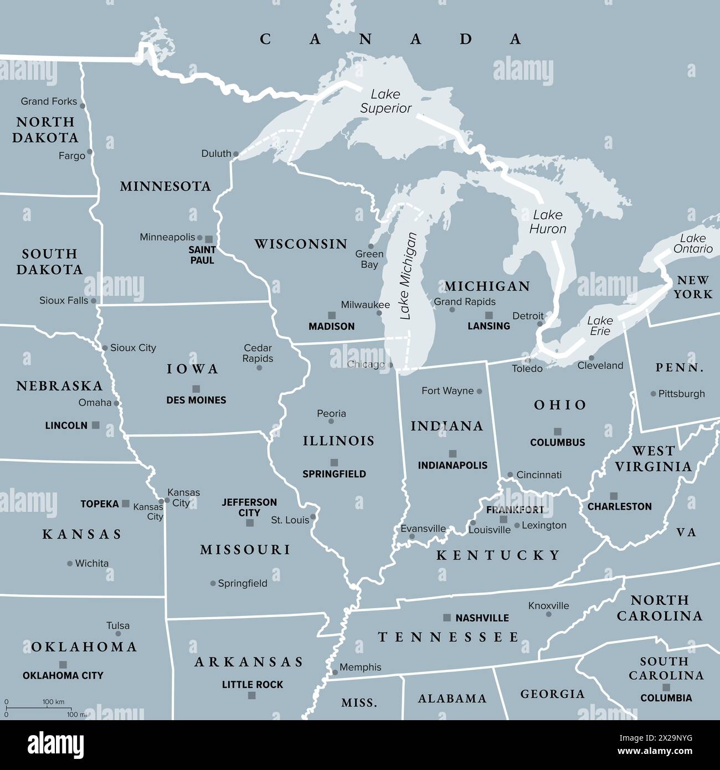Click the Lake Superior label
point(385,101)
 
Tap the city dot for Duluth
point(236,154)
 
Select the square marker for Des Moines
point(196,389)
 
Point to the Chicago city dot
point(391,365)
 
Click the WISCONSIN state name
point(301,244)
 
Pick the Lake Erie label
point(600,326)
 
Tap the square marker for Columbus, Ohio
point(558,432)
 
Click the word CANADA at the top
point(390,39)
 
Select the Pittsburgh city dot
point(654,394)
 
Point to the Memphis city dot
point(335,673)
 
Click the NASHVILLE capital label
point(482,618)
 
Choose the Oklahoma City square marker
point(63,664)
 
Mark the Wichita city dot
point(70,563)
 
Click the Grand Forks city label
point(49,101)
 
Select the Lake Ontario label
point(693,244)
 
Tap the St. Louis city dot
point(313,517)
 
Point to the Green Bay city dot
point(371,247)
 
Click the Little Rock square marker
point(252,695)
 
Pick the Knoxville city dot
point(548,614)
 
